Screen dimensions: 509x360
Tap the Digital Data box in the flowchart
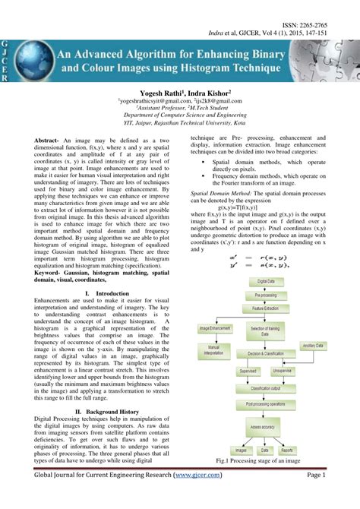click(x=265, y=281)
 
